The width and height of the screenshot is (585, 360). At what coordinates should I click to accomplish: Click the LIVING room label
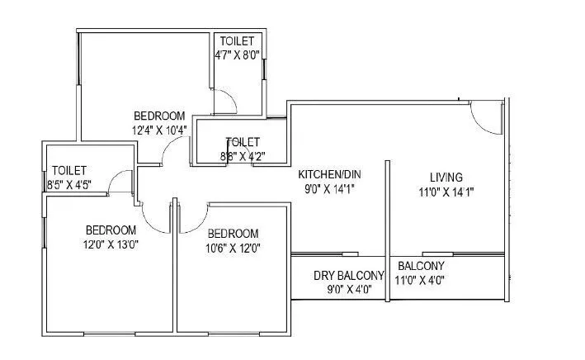[446, 177]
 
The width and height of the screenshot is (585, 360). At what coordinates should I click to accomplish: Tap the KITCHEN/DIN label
[330, 174]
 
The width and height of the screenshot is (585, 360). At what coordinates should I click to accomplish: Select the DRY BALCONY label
[348, 275]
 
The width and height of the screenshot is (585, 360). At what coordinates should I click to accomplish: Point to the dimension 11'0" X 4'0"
[421, 281]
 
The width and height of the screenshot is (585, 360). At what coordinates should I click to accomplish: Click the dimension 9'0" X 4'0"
[348, 289]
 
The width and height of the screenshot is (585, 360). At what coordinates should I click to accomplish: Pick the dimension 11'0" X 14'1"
[446, 192]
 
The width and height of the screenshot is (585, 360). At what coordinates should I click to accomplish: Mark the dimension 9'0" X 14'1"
[330, 188]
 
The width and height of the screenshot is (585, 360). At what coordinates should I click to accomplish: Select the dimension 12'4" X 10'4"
[158, 130]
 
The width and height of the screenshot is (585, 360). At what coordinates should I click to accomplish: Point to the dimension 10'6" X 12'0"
[233, 247]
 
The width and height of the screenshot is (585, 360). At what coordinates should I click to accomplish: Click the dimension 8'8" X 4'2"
[242, 155]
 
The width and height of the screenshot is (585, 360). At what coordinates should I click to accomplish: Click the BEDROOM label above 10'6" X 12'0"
[233, 234]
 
